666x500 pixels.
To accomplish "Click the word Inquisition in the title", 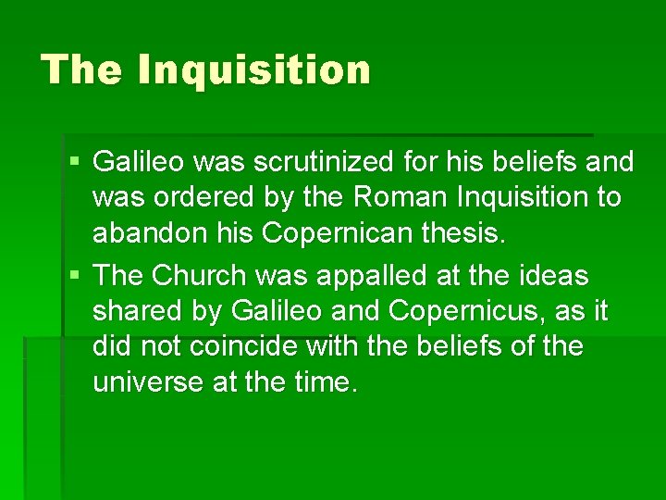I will [x=253, y=69].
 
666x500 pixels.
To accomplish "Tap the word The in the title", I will [x=81, y=69].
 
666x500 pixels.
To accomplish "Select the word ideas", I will [x=551, y=275].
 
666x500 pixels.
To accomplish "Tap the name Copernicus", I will [x=467, y=311].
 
